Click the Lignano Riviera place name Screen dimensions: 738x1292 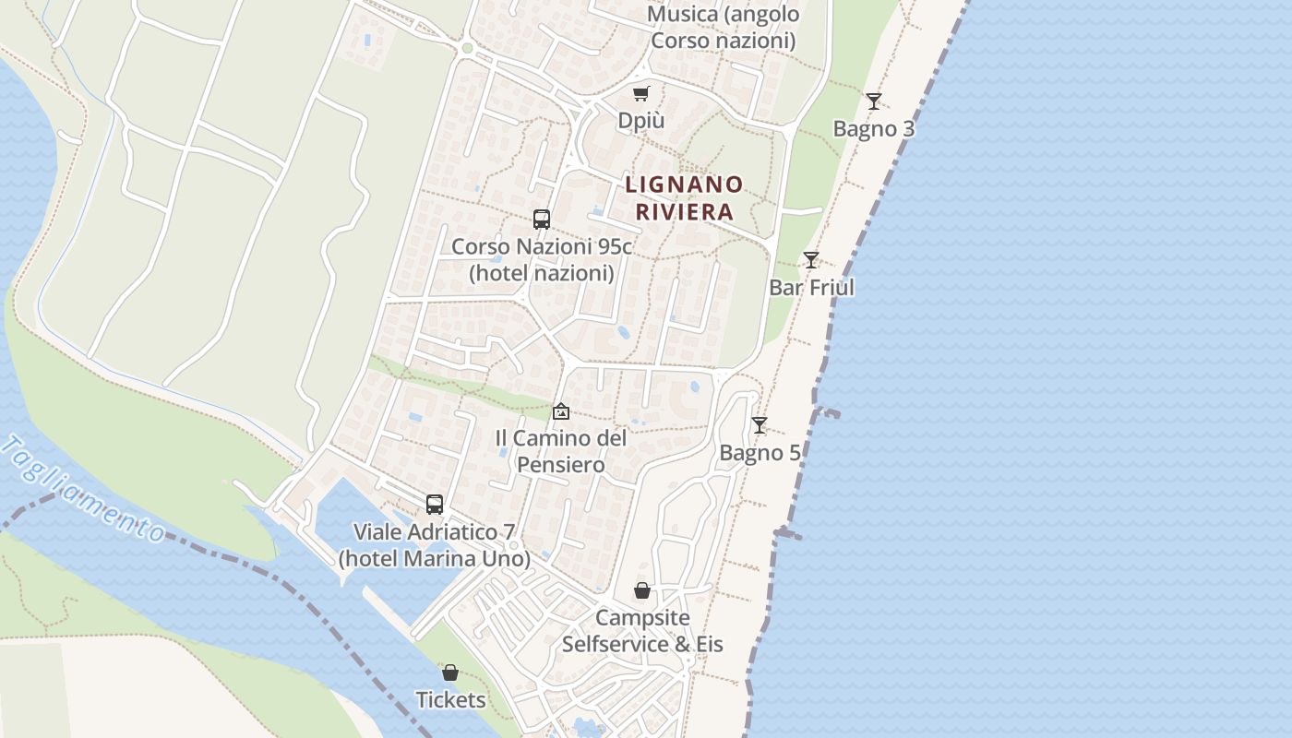pyautogui.click(x=684, y=197)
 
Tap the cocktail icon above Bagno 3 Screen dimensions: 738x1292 pyautogui.click(x=874, y=101)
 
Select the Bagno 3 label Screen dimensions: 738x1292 pyautogui.click(x=874, y=128)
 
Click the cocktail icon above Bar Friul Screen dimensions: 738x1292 pyautogui.click(x=811, y=260)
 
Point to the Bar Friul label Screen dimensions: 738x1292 pyautogui.click(x=811, y=287)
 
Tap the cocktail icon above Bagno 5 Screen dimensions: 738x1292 pyautogui.click(x=760, y=425)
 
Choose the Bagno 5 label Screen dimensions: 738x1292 pyautogui.click(x=760, y=453)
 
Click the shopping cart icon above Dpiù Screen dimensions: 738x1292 pyautogui.click(x=641, y=93)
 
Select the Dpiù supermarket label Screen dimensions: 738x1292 pyautogui.click(x=641, y=121)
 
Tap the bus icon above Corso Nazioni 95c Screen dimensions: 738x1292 pyautogui.click(x=542, y=220)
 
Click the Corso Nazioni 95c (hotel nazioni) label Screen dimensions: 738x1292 pyautogui.click(x=542, y=260)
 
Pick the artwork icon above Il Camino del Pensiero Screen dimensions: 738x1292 pyautogui.click(x=561, y=411)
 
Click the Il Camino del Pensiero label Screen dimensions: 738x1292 pyautogui.click(x=561, y=451)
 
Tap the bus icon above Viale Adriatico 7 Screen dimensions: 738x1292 pyautogui.click(x=435, y=505)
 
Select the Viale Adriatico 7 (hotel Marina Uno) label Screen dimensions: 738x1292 pyautogui.click(x=435, y=545)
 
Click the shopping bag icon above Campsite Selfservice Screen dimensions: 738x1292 pyautogui.click(x=642, y=590)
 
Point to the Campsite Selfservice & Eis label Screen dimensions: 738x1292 pyautogui.click(x=642, y=630)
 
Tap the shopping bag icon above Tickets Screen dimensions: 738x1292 pyautogui.click(x=450, y=673)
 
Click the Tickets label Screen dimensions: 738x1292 pyautogui.click(x=450, y=700)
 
